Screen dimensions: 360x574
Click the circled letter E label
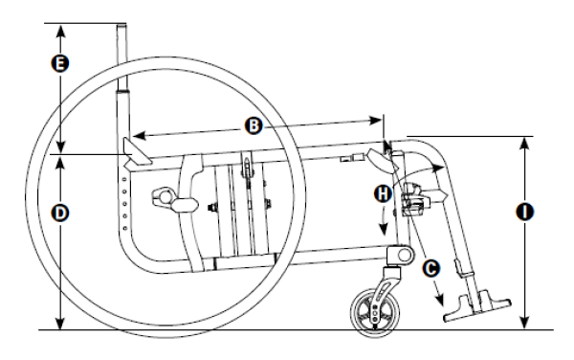click(59, 65)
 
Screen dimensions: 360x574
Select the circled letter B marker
click(253, 124)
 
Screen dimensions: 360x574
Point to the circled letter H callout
click(383, 193)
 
